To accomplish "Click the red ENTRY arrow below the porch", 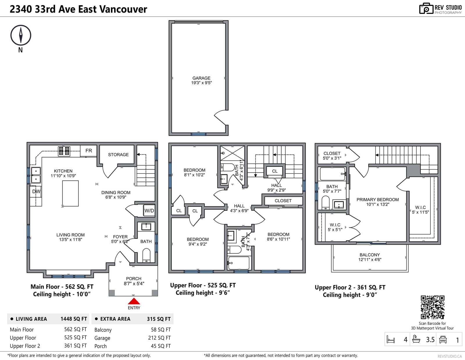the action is pyautogui.click(x=134, y=301).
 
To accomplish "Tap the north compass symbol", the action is pyautogui.click(x=21, y=35).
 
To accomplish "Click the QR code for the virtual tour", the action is pyautogui.click(x=432, y=307).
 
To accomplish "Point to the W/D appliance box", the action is pyautogui.click(x=149, y=210).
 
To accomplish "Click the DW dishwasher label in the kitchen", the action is pyautogui.click(x=36, y=191).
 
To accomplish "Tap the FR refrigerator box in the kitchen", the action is pyautogui.click(x=89, y=151).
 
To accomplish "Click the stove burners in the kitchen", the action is pyautogui.click(x=64, y=151).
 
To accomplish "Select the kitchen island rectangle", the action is pyautogui.click(x=70, y=194).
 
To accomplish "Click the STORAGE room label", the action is pyautogui.click(x=118, y=155).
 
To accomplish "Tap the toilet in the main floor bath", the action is pyautogui.click(x=146, y=255).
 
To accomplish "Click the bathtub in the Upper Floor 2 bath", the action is pyautogui.click(x=332, y=174).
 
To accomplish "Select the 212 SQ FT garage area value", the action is pyautogui.click(x=160, y=338).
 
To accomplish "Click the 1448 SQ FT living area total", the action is pyautogui.click(x=74, y=319).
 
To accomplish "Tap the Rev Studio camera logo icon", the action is pyautogui.click(x=426, y=8).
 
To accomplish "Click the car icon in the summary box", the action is pyautogui.click(x=443, y=339).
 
